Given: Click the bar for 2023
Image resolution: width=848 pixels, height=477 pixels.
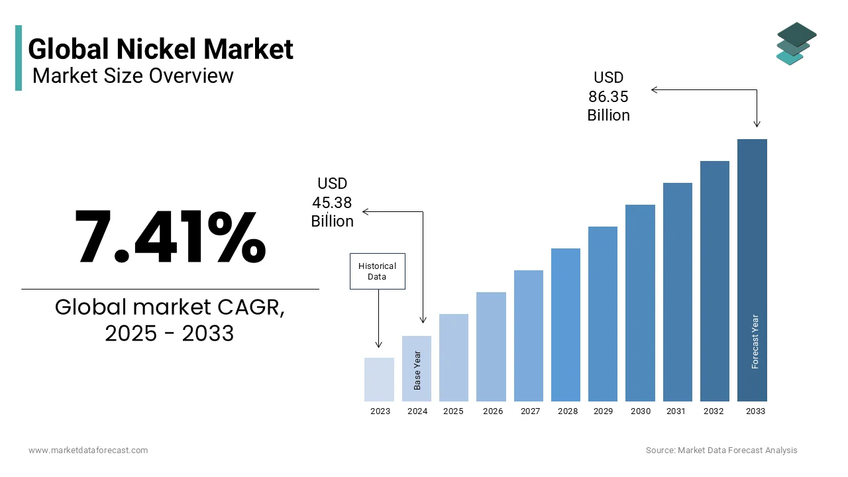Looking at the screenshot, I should [379, 380].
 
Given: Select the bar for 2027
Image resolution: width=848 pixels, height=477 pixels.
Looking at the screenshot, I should [528, 336].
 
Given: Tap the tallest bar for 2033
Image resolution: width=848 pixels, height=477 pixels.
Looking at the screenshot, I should [752, 270].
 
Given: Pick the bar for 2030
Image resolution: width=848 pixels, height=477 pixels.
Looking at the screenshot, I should [640, 303].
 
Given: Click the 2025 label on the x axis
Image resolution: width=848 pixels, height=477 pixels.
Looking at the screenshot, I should [453, 411].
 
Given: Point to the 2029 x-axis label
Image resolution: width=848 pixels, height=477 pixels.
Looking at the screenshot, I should [603, 411].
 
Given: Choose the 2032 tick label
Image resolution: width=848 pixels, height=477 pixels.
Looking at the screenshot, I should [714, 411].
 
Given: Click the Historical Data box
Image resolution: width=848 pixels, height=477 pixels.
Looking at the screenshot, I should [377, 271].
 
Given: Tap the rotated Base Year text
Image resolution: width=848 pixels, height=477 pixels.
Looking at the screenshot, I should [417, 370].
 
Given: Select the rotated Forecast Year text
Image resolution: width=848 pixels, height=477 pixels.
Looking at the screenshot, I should [755, 341].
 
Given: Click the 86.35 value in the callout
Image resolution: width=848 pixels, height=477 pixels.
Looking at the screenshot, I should [608, 97].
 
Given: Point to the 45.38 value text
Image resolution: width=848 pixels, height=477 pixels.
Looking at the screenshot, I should [332, 203].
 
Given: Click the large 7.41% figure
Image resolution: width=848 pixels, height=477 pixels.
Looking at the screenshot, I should [170, 237].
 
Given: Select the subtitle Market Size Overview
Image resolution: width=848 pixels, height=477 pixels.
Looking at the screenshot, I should [132, 76].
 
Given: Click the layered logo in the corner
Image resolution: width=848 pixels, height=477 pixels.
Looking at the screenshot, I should [796, 44].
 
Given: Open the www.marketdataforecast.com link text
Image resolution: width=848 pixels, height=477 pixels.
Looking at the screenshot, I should [88, 450].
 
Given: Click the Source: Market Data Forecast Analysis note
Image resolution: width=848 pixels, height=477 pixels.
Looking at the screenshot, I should [721, 450].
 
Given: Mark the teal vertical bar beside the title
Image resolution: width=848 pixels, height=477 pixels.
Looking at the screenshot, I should [19, 58].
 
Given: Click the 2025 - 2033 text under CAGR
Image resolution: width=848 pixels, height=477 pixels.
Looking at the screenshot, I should [170, 333].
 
